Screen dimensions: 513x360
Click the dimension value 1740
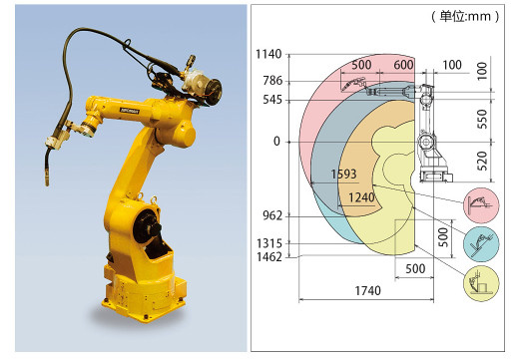coord(367,291)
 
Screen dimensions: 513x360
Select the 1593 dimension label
coord(343,174)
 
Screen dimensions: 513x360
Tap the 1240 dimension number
coord(361,197)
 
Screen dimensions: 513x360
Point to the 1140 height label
coord(268,54)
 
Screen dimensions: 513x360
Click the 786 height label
coord(272,81)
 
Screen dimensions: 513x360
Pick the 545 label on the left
coord(272,100)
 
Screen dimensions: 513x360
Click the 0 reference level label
coord(276,142)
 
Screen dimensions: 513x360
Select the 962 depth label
coord(272,215)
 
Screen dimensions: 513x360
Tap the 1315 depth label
coord(269,243)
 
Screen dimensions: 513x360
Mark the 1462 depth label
coord(269,257)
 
